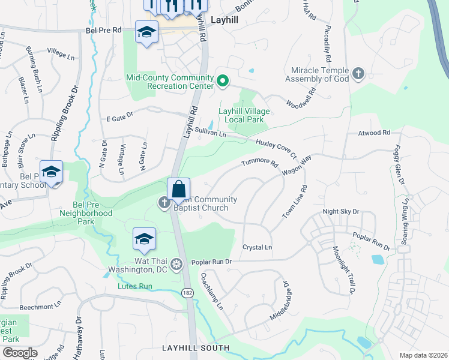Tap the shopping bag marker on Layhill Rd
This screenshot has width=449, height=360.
[179, 189]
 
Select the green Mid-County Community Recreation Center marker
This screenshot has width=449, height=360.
[222, 80]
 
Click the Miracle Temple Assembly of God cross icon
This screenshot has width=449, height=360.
[358, 74]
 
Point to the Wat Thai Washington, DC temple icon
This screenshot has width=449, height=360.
[176, 263]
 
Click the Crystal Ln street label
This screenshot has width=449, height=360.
[257, 247]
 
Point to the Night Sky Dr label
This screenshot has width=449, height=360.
[340, 212]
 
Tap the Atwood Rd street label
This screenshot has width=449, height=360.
[374, 133]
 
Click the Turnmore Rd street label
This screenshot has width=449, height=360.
[260, 163]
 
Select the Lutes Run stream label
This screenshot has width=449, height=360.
[133, 286]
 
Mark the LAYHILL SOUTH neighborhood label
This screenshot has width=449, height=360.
[196, 348]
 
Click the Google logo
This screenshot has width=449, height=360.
[20, 353]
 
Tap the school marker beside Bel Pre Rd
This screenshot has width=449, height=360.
[146, 32]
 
